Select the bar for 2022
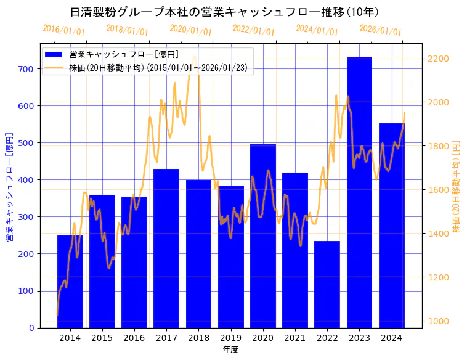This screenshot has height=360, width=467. (x=327, y=284)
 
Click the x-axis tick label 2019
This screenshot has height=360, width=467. (x=231, y=338)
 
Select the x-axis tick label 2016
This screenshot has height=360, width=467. (x=134, y=338)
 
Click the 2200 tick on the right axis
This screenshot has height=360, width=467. (x=439, y=59)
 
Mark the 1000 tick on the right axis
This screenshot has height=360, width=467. (x=439, y=321)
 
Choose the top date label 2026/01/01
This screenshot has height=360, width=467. (x=380, y=30)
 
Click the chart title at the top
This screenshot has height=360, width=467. (x=224, y=12)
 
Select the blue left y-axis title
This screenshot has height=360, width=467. (x=9, y=186)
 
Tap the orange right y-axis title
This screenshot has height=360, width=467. (x=457, y=186)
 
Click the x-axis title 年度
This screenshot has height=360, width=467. (x=230, y=350)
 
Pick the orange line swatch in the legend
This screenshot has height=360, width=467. (x=54, y=68)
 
